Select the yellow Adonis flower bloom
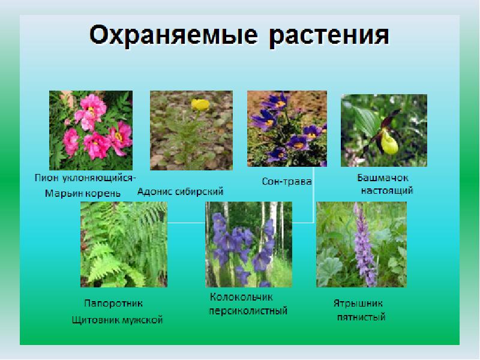(x=199, y=105)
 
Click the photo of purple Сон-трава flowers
(x=287, y=128)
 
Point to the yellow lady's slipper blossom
(x=389, y=143)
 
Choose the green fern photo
(x=124, y=244)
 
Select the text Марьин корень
(x=82, y=193)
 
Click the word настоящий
(x=386, y=191)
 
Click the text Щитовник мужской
(x=117, y=320)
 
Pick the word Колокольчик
(x=241, y=298)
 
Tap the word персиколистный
(x=248, y=311)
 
